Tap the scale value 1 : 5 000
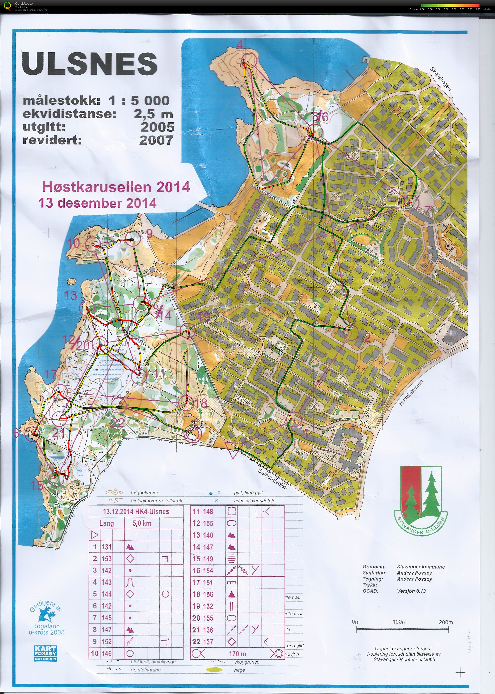coord(139,100)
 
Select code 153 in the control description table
coord(106,558)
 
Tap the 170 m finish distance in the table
coord(237,654)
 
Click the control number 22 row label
coord(196,642)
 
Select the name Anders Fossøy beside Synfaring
coord(414,573)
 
